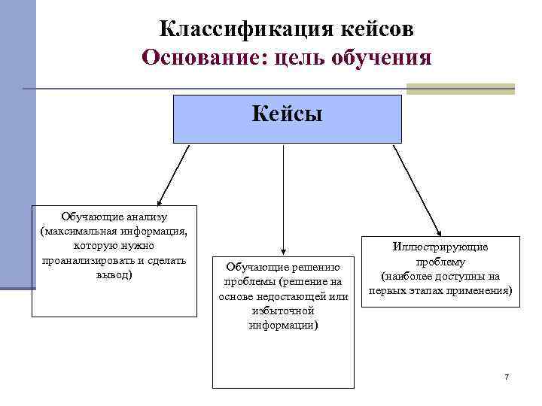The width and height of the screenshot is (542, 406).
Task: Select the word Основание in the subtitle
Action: [198, 57]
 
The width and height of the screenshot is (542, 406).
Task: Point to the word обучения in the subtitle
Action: [384, 59]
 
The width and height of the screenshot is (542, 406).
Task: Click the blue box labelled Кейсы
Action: [287, 119]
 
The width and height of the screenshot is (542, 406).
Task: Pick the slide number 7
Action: [507, 376]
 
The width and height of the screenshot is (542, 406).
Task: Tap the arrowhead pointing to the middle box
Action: [282, 251]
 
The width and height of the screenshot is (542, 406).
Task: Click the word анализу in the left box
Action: [142, 217]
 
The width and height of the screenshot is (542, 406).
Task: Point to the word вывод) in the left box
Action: [115, 274]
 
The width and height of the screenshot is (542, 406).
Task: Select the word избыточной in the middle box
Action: [283, 311]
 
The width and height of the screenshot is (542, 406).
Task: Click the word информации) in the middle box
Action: [283, 325]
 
